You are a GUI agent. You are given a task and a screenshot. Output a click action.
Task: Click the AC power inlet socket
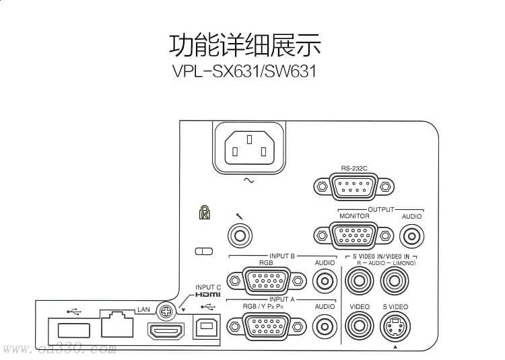[x=249, y=147]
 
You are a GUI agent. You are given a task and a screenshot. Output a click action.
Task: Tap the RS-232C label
[x=354, y=168]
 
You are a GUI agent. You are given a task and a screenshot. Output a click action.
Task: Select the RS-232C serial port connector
[x=353, y=186]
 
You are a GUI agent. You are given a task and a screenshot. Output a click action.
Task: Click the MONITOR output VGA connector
[x=353, y=236]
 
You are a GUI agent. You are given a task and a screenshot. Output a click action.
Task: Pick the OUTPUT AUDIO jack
[x=411, y=236]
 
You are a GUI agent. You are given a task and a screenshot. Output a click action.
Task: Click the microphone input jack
[x=240, y=236]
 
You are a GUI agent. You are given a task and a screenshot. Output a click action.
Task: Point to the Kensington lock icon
[x=205, y=213]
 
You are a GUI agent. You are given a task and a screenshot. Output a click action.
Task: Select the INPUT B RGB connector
[x=267, y=281]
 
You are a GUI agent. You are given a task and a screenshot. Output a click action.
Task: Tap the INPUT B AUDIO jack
[x=325, y=281]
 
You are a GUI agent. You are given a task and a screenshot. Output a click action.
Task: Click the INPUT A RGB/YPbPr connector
[x=267, y=327]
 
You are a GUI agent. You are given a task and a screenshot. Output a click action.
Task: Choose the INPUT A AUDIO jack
[x=325, y=327]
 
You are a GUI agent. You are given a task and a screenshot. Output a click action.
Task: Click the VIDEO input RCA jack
[x=360, y=326]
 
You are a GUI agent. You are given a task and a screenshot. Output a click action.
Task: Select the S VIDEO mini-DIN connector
[x=395, y=326]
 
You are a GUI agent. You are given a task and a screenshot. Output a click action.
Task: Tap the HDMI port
[x=166, y=331]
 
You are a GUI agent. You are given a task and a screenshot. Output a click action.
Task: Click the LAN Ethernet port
[x=117, y=324]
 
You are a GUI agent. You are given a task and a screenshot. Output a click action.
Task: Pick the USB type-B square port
[x=207, y=326]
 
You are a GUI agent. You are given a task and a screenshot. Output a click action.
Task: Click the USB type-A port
[x=74, y=330]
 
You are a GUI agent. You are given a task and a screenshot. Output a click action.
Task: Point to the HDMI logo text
[x=208, y=294]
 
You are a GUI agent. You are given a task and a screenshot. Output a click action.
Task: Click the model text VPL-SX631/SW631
[x=244, y=71]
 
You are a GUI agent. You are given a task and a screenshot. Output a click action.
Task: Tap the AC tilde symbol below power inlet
[x=249, y=180]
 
